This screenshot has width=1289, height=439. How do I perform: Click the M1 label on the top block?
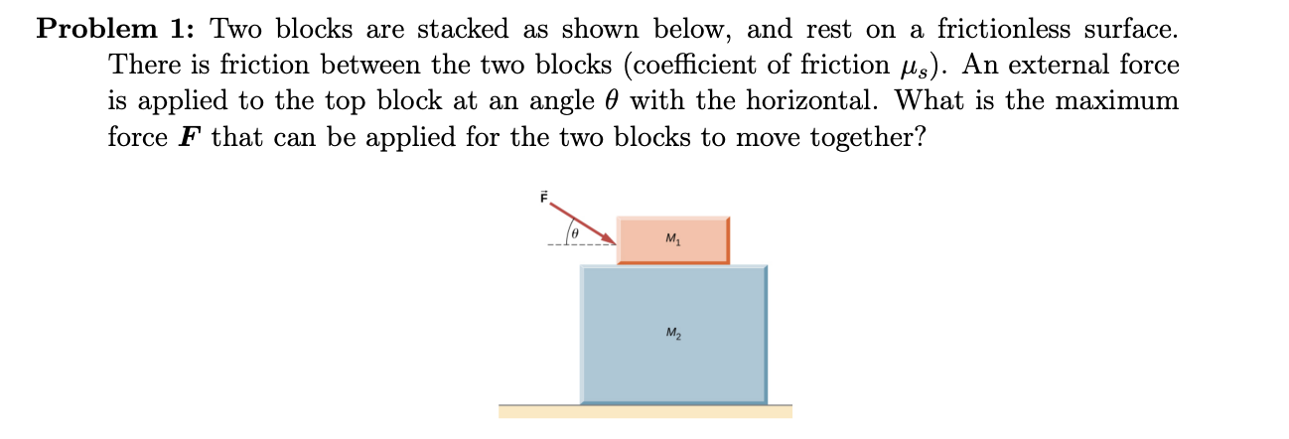pos(673,239)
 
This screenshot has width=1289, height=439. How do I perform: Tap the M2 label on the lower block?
pos(673,331)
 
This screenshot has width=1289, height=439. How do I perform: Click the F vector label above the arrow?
pos(543,198)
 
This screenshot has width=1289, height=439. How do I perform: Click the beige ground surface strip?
pos(645,411)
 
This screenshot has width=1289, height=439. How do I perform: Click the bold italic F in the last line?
pos(189,136)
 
